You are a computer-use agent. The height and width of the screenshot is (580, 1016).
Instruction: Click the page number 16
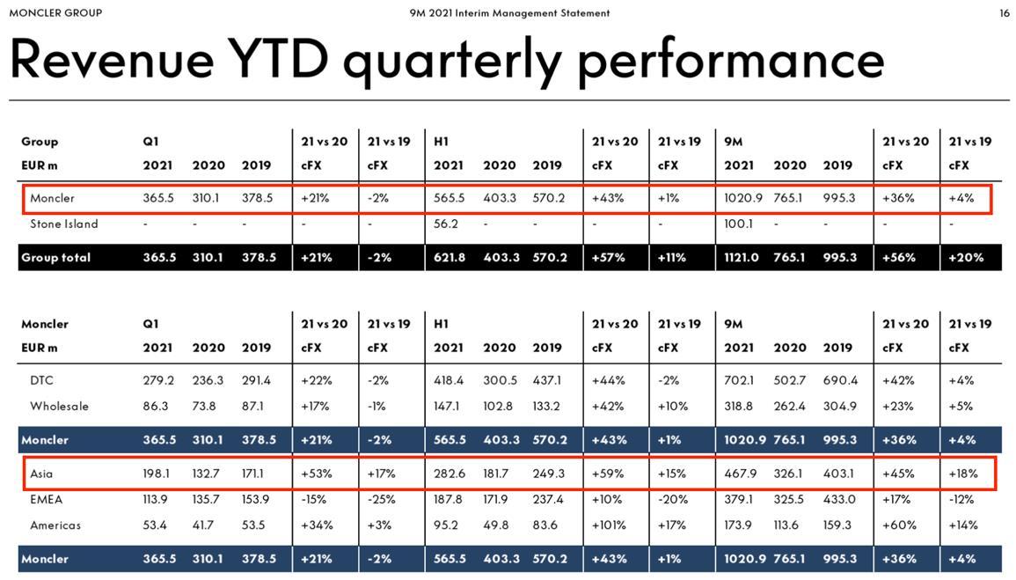(x=1004, y=13)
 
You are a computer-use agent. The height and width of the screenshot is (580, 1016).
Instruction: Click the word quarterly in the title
(x=451, y=60)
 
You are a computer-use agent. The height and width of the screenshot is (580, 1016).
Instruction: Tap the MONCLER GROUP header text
(x=55, y=13)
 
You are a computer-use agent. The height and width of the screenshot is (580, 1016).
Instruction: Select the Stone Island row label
(x=64, y=224)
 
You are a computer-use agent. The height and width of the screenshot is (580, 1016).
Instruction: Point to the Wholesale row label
(x=59, y=406)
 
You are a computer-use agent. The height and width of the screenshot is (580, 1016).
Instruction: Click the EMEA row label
(x=46, y=499)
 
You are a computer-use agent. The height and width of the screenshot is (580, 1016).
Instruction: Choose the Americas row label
(x=55, y=525)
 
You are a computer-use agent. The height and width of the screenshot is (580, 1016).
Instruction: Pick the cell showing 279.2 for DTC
(x=158, y=380)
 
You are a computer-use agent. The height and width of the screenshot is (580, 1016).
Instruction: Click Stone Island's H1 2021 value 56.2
(x=446, y=224)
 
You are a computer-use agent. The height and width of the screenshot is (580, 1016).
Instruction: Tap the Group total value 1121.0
(x=741, y=257)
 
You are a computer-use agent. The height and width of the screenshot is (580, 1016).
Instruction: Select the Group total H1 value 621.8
(x=449, y=257)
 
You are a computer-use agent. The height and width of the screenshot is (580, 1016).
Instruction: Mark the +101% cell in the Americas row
(x=609, y=525)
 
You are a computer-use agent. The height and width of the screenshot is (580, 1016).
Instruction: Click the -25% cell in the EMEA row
(x=381, y=499)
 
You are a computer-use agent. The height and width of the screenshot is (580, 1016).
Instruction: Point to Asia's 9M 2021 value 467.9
(x=740, y=474)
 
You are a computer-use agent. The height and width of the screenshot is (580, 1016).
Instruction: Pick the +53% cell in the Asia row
(x=315, y=474)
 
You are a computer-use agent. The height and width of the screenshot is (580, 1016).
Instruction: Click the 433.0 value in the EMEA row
(x=839, y=499)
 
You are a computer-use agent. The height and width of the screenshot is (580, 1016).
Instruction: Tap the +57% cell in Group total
(x=608, y=257)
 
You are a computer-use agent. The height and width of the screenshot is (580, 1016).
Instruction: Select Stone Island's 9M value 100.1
(x=739, y=224)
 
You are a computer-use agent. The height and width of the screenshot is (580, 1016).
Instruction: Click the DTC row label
(x=41, y=380)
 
